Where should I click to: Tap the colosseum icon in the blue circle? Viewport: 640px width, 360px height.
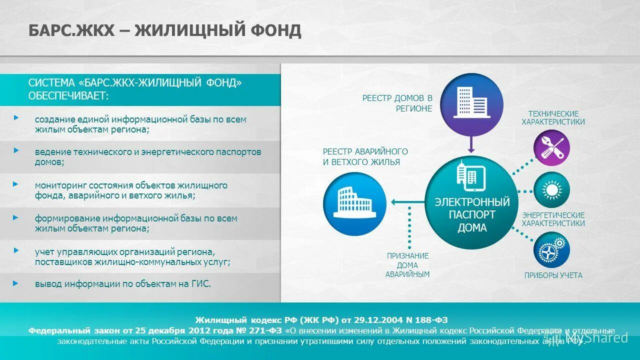354,202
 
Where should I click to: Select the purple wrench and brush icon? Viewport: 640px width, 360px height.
552,147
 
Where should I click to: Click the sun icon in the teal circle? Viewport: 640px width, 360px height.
552,190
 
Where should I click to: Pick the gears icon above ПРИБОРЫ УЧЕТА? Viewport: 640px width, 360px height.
552,248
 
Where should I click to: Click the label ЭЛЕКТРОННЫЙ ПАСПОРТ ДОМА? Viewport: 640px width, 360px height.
472,215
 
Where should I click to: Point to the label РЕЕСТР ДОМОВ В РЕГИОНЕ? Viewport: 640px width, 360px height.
397,103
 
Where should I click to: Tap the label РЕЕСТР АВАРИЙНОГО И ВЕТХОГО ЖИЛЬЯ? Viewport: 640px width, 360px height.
365,156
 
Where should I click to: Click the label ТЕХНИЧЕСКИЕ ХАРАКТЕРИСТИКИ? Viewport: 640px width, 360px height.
553,118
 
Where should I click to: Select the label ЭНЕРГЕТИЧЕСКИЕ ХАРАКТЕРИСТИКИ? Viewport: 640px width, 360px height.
553,219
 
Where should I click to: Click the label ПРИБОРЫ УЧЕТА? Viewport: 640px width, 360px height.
553,275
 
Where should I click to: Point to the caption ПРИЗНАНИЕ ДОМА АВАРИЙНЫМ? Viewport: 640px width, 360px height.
407,265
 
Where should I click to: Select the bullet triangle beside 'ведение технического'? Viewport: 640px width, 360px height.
16,150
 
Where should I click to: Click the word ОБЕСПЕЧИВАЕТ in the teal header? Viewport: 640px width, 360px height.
68,95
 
